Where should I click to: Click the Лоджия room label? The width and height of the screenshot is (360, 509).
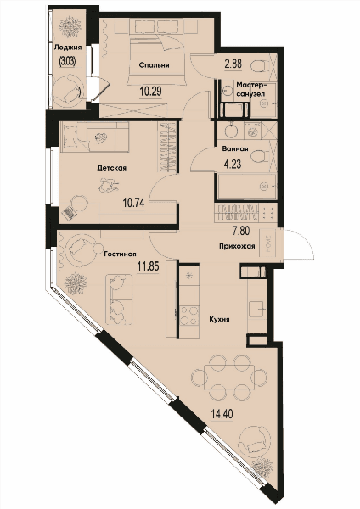click(68, 48)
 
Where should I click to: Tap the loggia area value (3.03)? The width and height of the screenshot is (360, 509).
click(67, 61)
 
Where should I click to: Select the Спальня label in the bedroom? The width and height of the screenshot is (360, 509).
click(154, 65)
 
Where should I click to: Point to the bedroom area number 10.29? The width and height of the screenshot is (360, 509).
click(151, 92)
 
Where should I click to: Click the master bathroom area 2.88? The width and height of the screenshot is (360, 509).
click(233, 64)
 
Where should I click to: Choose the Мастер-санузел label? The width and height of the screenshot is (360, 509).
click(251, 89)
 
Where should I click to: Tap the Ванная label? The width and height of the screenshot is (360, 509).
click(235, 148)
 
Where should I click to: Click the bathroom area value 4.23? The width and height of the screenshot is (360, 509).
click(233, 164)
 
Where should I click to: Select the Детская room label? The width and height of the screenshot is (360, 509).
click(112, 168)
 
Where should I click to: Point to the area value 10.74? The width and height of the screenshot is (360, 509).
click(133, 204)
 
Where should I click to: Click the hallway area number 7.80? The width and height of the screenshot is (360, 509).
click(241, 231)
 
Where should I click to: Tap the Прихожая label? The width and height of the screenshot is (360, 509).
click(237, 246)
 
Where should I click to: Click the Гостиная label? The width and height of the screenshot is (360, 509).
click(121, 255)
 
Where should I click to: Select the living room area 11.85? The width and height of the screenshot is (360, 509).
click(148, 267)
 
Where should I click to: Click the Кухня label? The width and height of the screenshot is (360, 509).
click(219, 319)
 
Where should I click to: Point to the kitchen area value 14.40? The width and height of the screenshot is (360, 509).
click(222, 414)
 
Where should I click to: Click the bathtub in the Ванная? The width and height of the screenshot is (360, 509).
click(247, 187)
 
